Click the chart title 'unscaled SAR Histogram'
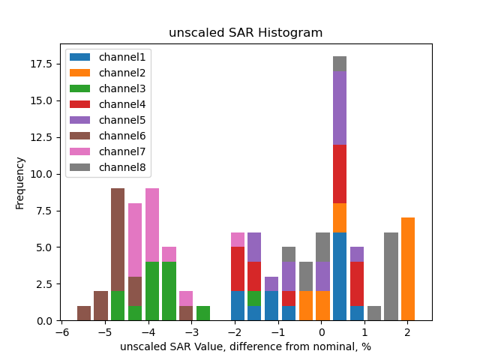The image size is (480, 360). (x=245, y=33)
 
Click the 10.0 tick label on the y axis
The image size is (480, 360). (x=42, y=174)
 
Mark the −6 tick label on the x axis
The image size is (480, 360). (x=64, y=331)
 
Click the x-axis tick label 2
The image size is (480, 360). (x=407, y=331)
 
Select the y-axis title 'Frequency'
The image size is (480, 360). (x=20, y=182)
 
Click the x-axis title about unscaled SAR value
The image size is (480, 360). (x=245, y=346)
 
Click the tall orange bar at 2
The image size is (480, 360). (x=408, y=269)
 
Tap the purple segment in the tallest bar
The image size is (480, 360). (x=340, y=108)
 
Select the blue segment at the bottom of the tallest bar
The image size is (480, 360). (x=340, y=277)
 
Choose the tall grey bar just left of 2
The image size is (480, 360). (x=391, y=277)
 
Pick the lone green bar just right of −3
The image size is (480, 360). (x=203, y=313)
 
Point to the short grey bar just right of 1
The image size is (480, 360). (x=374, y=313)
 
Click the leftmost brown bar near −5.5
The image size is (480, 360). (x=84, y=313)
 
